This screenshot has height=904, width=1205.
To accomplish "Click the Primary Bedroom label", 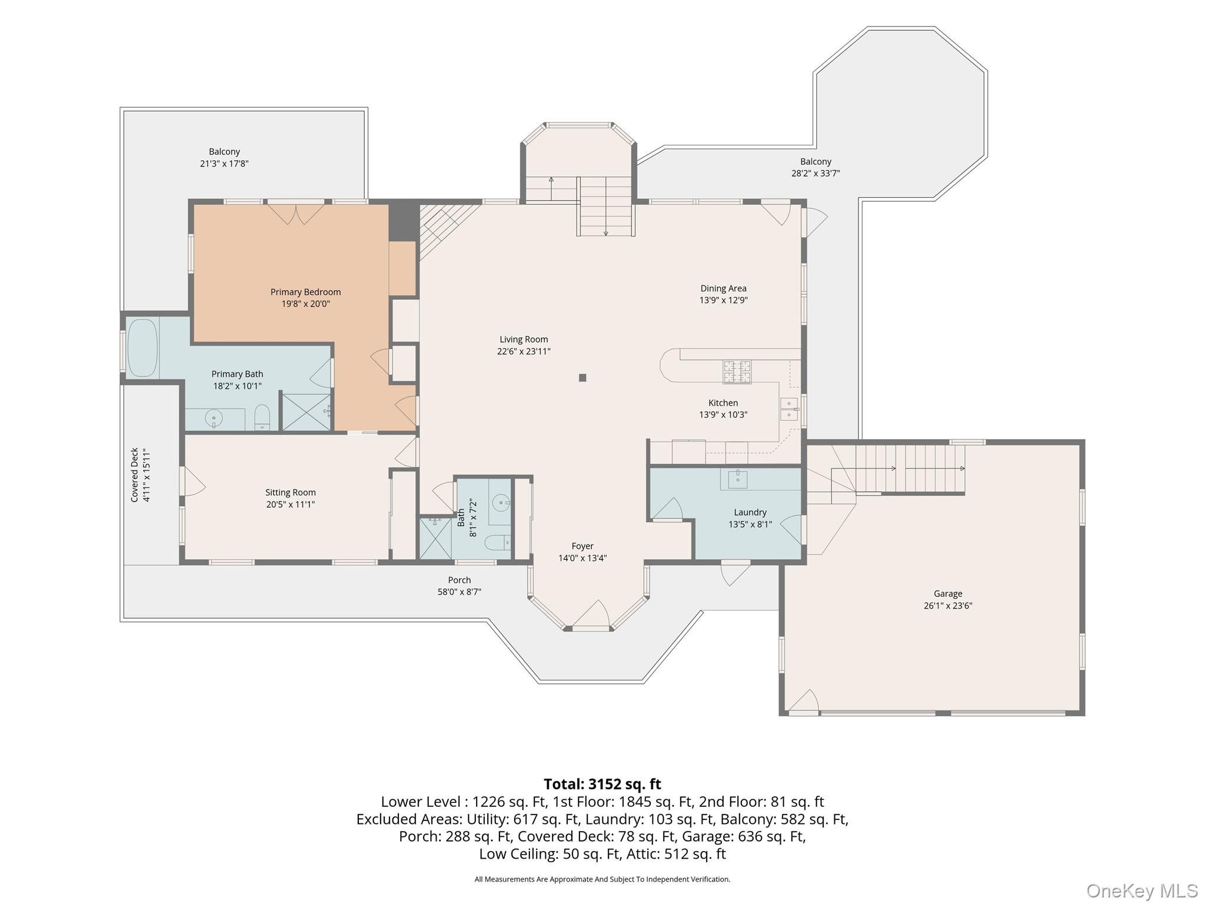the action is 305,292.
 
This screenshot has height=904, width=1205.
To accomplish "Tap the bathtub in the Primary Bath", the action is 142,348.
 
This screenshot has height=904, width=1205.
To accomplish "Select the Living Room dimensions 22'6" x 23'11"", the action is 524,351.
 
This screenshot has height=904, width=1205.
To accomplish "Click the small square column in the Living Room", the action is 582,378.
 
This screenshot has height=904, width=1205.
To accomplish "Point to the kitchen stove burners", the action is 737,372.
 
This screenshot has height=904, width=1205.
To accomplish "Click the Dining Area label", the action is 723,288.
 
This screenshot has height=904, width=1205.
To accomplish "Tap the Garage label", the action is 948,594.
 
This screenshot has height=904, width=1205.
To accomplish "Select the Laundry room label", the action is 750,513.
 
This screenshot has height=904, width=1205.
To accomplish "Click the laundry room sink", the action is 737,479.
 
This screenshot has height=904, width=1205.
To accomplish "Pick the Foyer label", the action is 582,546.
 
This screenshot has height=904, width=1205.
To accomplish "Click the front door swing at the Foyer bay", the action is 591,614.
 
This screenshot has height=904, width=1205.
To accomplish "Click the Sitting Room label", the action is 290,493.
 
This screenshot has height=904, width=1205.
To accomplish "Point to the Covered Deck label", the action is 135,475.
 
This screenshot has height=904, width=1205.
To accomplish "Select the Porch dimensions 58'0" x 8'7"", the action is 459,592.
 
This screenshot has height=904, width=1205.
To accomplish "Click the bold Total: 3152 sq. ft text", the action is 602,784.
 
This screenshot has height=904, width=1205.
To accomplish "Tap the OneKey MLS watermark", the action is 1141,891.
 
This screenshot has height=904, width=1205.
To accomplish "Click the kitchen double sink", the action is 789,409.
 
